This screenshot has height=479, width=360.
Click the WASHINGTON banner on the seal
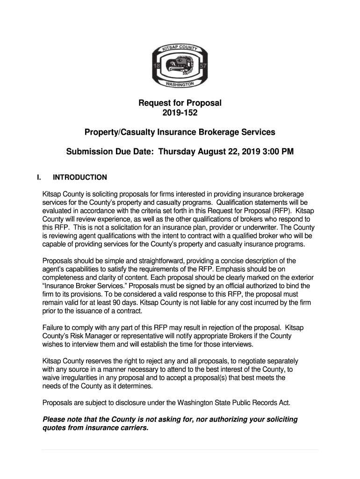click(x=180, y=85)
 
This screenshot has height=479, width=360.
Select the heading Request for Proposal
click(x=180, y=103)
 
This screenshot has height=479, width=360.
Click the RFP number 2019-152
click(x=180, y=114)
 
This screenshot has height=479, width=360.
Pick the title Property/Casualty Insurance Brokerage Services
click(x=180, y=132)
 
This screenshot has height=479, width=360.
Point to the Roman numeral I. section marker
click(x=40, y=177)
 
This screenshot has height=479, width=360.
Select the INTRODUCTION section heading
click(x=80, y=177)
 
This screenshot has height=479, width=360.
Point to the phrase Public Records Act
click(x=258, y=402)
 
